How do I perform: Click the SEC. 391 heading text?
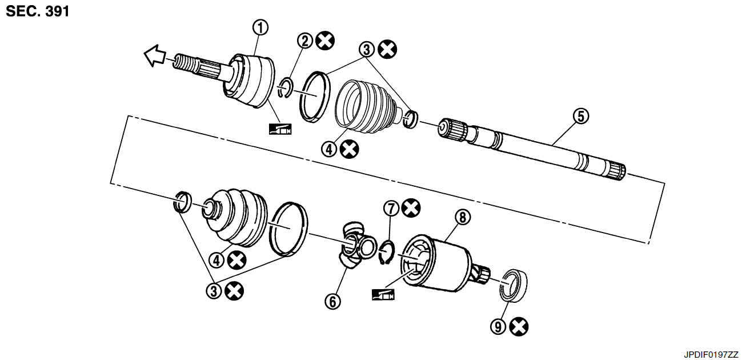click(x=38, y=11)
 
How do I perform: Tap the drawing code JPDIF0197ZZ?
click(x=711, y=355)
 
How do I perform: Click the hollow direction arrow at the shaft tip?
click(x=155, y=55)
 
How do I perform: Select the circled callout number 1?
click(x=260, y=27)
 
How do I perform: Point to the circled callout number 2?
click(x=305, y=41)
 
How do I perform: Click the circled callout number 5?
click(x=581, y=116)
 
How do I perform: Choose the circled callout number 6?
click(x=332, y=301)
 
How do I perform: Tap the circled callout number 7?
click(x=391, y=209)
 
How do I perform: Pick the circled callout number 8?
click(x=463, y=217)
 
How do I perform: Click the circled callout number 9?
click(x=498, y=326)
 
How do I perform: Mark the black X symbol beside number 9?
click(x=519, y=326)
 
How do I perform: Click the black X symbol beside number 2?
click(x=325, y=41)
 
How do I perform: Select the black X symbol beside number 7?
click(x=411, y=208)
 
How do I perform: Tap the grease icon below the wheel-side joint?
click(x=280, y=129)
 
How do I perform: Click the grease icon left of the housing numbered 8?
click(x=383, y=295)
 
